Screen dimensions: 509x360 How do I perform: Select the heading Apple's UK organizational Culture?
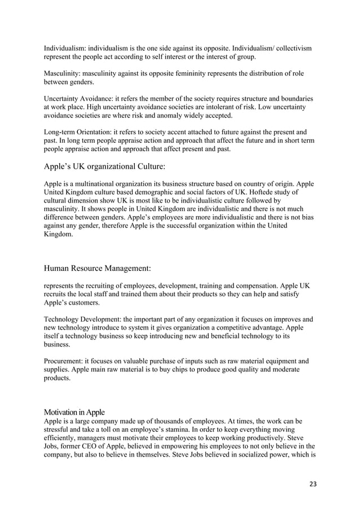point(104,166)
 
